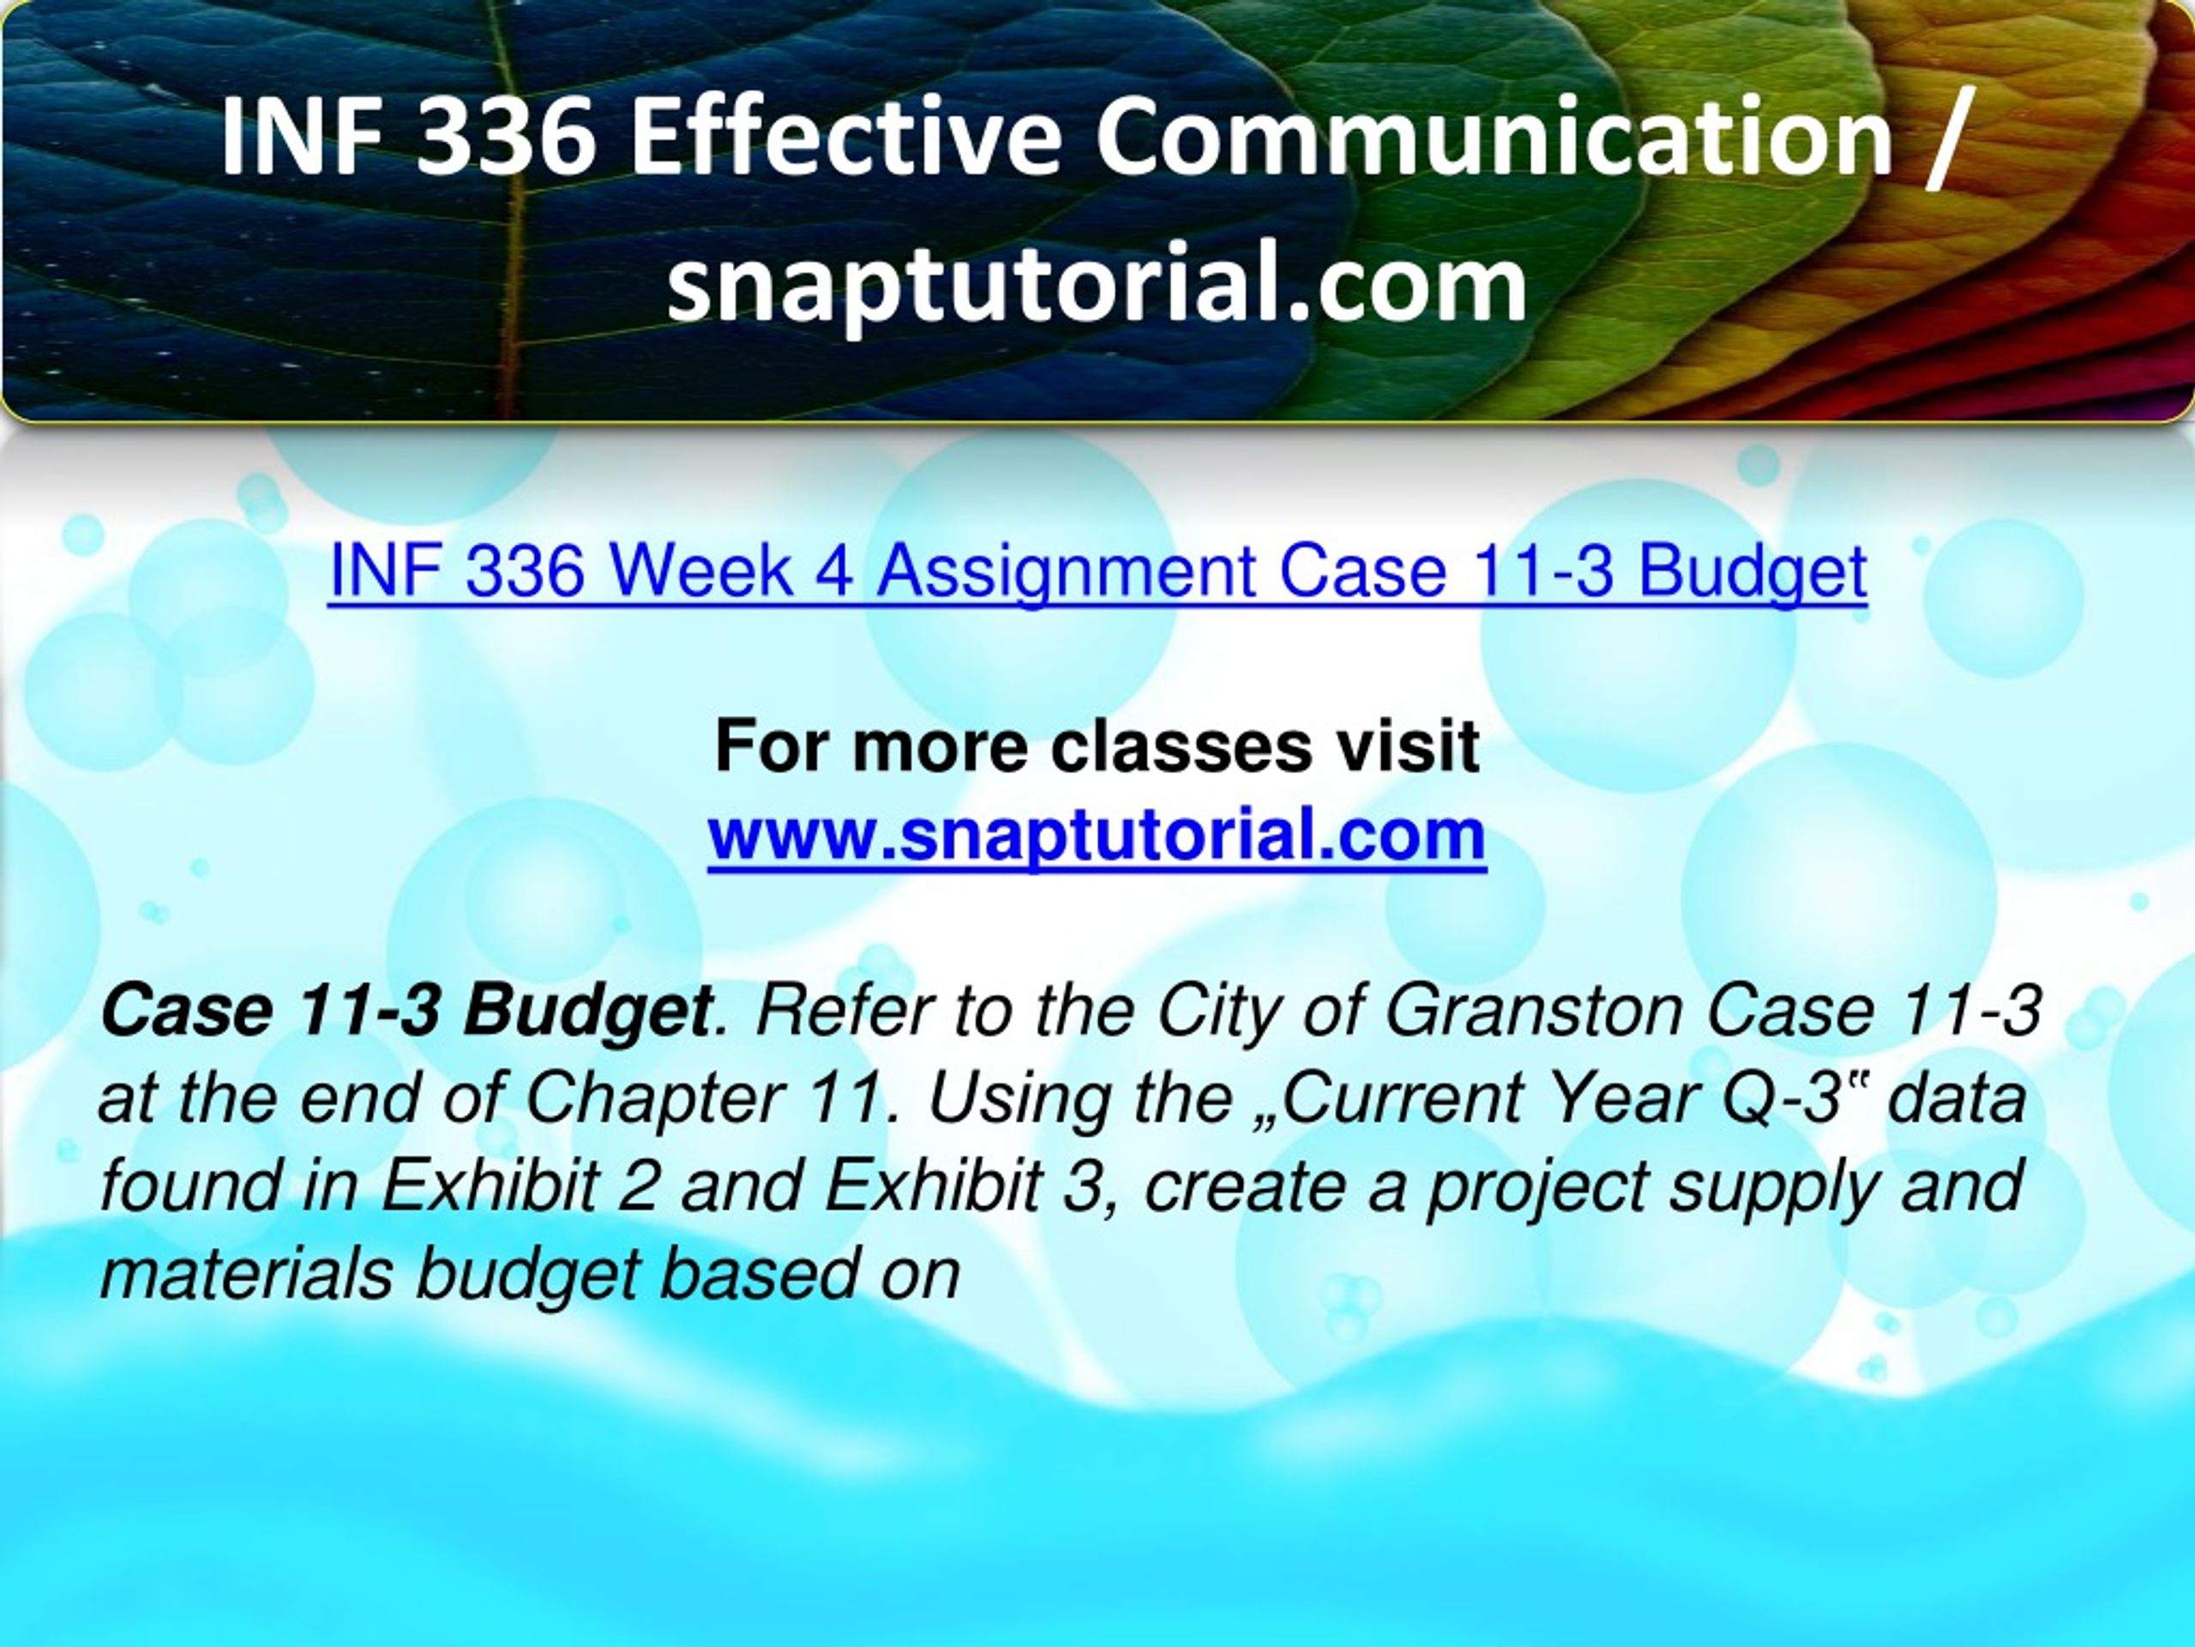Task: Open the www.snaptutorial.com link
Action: [1097, 837]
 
